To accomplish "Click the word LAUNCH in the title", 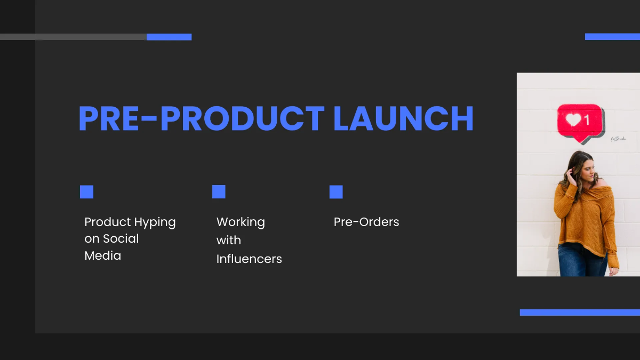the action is click(x=403, y=118).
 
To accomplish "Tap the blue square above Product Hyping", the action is click(x=86, y=191).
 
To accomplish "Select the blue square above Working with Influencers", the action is click(x=219, y=191).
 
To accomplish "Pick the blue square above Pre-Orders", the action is click(x=336, y=191).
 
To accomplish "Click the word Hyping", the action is click(x=155, y=222).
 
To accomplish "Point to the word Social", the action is click(x=121, y=238).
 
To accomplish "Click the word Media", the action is click(x=103, y=255).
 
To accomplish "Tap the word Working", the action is click(x=241, y=222).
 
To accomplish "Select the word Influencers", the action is click(x=249, y=259).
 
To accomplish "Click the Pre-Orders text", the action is click(x=366, y=222).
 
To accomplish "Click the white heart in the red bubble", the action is click(x=573, y=119).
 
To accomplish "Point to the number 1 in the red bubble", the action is click(x=587, y=120).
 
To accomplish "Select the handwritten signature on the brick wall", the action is click(x=618, y=139).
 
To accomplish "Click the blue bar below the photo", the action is click(x=580, y=313).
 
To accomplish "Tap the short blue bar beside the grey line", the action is click(x=169, y=37).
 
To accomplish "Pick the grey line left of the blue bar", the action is click(x=74, y=37).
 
